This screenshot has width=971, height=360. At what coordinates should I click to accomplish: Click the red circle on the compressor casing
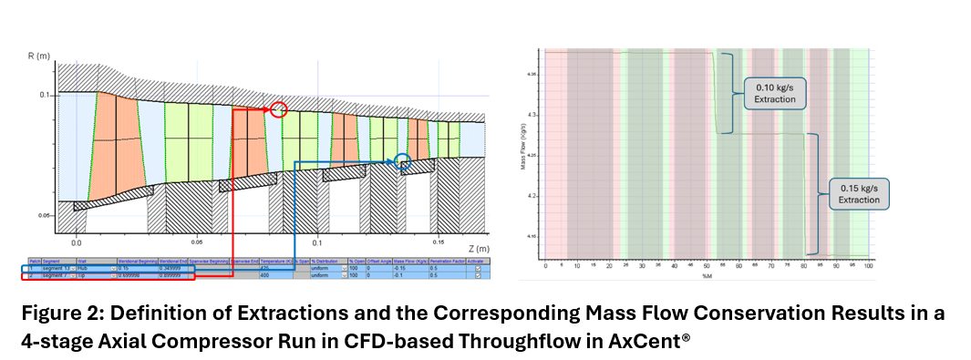coord(279,110)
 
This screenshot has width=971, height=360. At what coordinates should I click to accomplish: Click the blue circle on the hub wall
coord(402,161)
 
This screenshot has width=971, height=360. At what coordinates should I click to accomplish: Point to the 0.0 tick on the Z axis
coord(77,243)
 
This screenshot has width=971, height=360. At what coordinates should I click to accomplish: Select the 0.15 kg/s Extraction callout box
coord(859,194)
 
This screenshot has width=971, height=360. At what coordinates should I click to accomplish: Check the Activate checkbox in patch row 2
coord(479,275)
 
